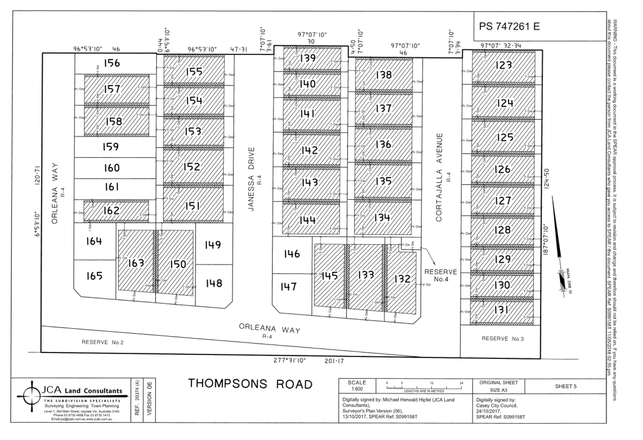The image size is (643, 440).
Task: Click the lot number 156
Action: [x=112, y=63]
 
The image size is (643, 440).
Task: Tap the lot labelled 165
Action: [x=94, y=276]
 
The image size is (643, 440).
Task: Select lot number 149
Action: [x=213, y=244]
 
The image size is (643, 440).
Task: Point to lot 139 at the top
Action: [x=308, y=58]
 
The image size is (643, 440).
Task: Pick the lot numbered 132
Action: [x=402, y=279]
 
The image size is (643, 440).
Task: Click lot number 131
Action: [x=501, y=310]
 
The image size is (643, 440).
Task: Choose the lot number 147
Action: [x=288, y=287]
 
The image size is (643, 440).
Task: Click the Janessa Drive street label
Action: [x=251, y=179]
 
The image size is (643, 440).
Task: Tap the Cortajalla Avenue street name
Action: [x=439, y=177]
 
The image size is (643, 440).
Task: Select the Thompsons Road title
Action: [x=250, y=384]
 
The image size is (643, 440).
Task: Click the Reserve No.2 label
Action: [x=102, y=342]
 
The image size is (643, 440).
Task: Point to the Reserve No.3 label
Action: [x=502, y=339]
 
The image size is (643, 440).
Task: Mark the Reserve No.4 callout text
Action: [x=440, y=275]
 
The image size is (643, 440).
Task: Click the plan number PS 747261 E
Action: [x=509, y=26]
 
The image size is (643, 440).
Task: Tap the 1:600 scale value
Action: [x=357, y=389]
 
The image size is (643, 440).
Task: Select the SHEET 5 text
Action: [x=566, y=386]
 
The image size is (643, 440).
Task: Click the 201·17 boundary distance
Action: [x=334, y=361]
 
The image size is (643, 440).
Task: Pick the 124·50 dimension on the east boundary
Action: [x=546, y=178]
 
